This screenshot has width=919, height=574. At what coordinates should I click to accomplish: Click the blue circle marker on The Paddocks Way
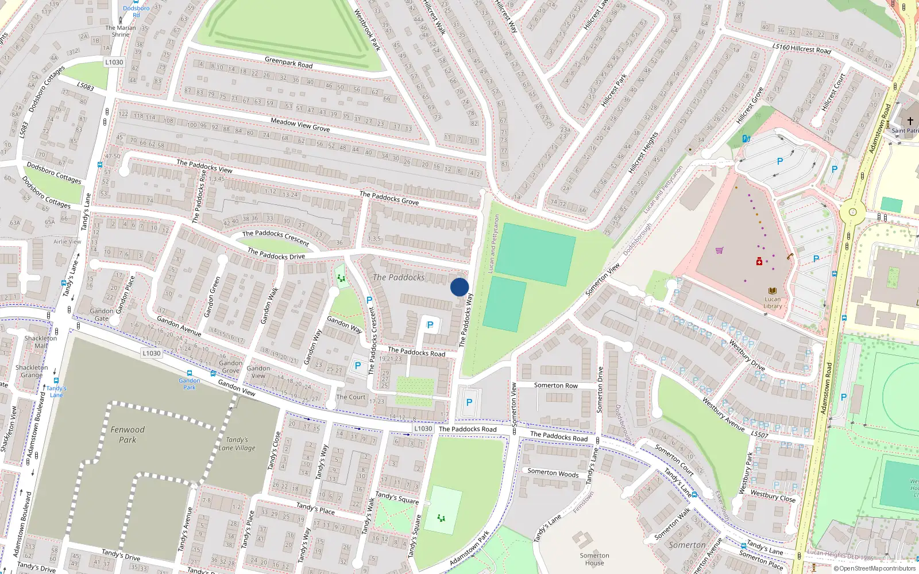click(x=459, y=287)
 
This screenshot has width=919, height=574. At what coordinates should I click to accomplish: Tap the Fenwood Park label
click(x=128, y=435)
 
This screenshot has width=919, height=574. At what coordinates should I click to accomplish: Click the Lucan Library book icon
click(x=773, y=291)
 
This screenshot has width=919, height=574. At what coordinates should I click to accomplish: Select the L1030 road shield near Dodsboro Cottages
click(x=114, y=62)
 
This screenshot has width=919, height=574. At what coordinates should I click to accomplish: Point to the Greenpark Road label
click(x=289, y=63)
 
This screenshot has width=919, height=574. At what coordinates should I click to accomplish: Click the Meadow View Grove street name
click(x=300, y=125)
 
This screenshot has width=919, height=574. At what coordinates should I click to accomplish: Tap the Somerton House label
click(x=594, y=559)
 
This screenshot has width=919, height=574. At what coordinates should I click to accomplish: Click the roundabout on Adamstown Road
click(x=852, y=212)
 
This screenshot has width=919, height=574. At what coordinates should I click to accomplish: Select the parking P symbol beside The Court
click(x=358, y=366)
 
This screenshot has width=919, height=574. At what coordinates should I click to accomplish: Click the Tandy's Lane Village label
click(x=237, y=444)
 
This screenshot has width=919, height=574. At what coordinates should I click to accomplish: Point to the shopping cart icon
click(x=719, y=250)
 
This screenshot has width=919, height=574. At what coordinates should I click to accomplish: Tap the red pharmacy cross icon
click(x=759, y=261)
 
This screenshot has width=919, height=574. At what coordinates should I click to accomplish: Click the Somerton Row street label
click(x=555, y=386)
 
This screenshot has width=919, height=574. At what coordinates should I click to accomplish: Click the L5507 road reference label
click(x=759, y=435)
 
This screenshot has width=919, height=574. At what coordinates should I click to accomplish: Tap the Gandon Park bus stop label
click(x=190, y=383)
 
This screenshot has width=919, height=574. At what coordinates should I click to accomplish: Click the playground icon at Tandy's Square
click(x=441, y=518)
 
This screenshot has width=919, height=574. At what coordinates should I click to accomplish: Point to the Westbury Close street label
click(x=773, y=496)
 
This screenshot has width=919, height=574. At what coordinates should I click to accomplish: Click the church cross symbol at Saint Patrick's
click(x=910, y=121)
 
